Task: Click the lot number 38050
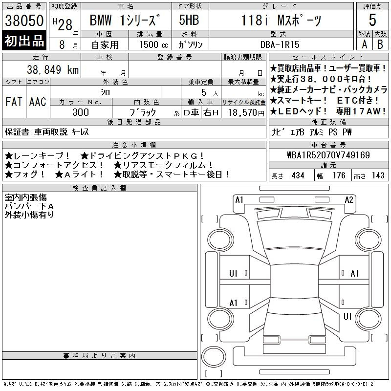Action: point(24,21)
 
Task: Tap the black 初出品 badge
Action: point(24,41)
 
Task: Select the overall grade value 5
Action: point(372,20)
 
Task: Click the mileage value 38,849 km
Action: point(53,69)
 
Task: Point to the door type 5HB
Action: point(189,20)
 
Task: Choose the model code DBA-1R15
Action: point(280,44)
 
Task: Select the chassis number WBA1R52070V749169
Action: point(328,155)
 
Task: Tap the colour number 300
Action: point(81,112)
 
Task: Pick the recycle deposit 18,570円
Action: point(246,113)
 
